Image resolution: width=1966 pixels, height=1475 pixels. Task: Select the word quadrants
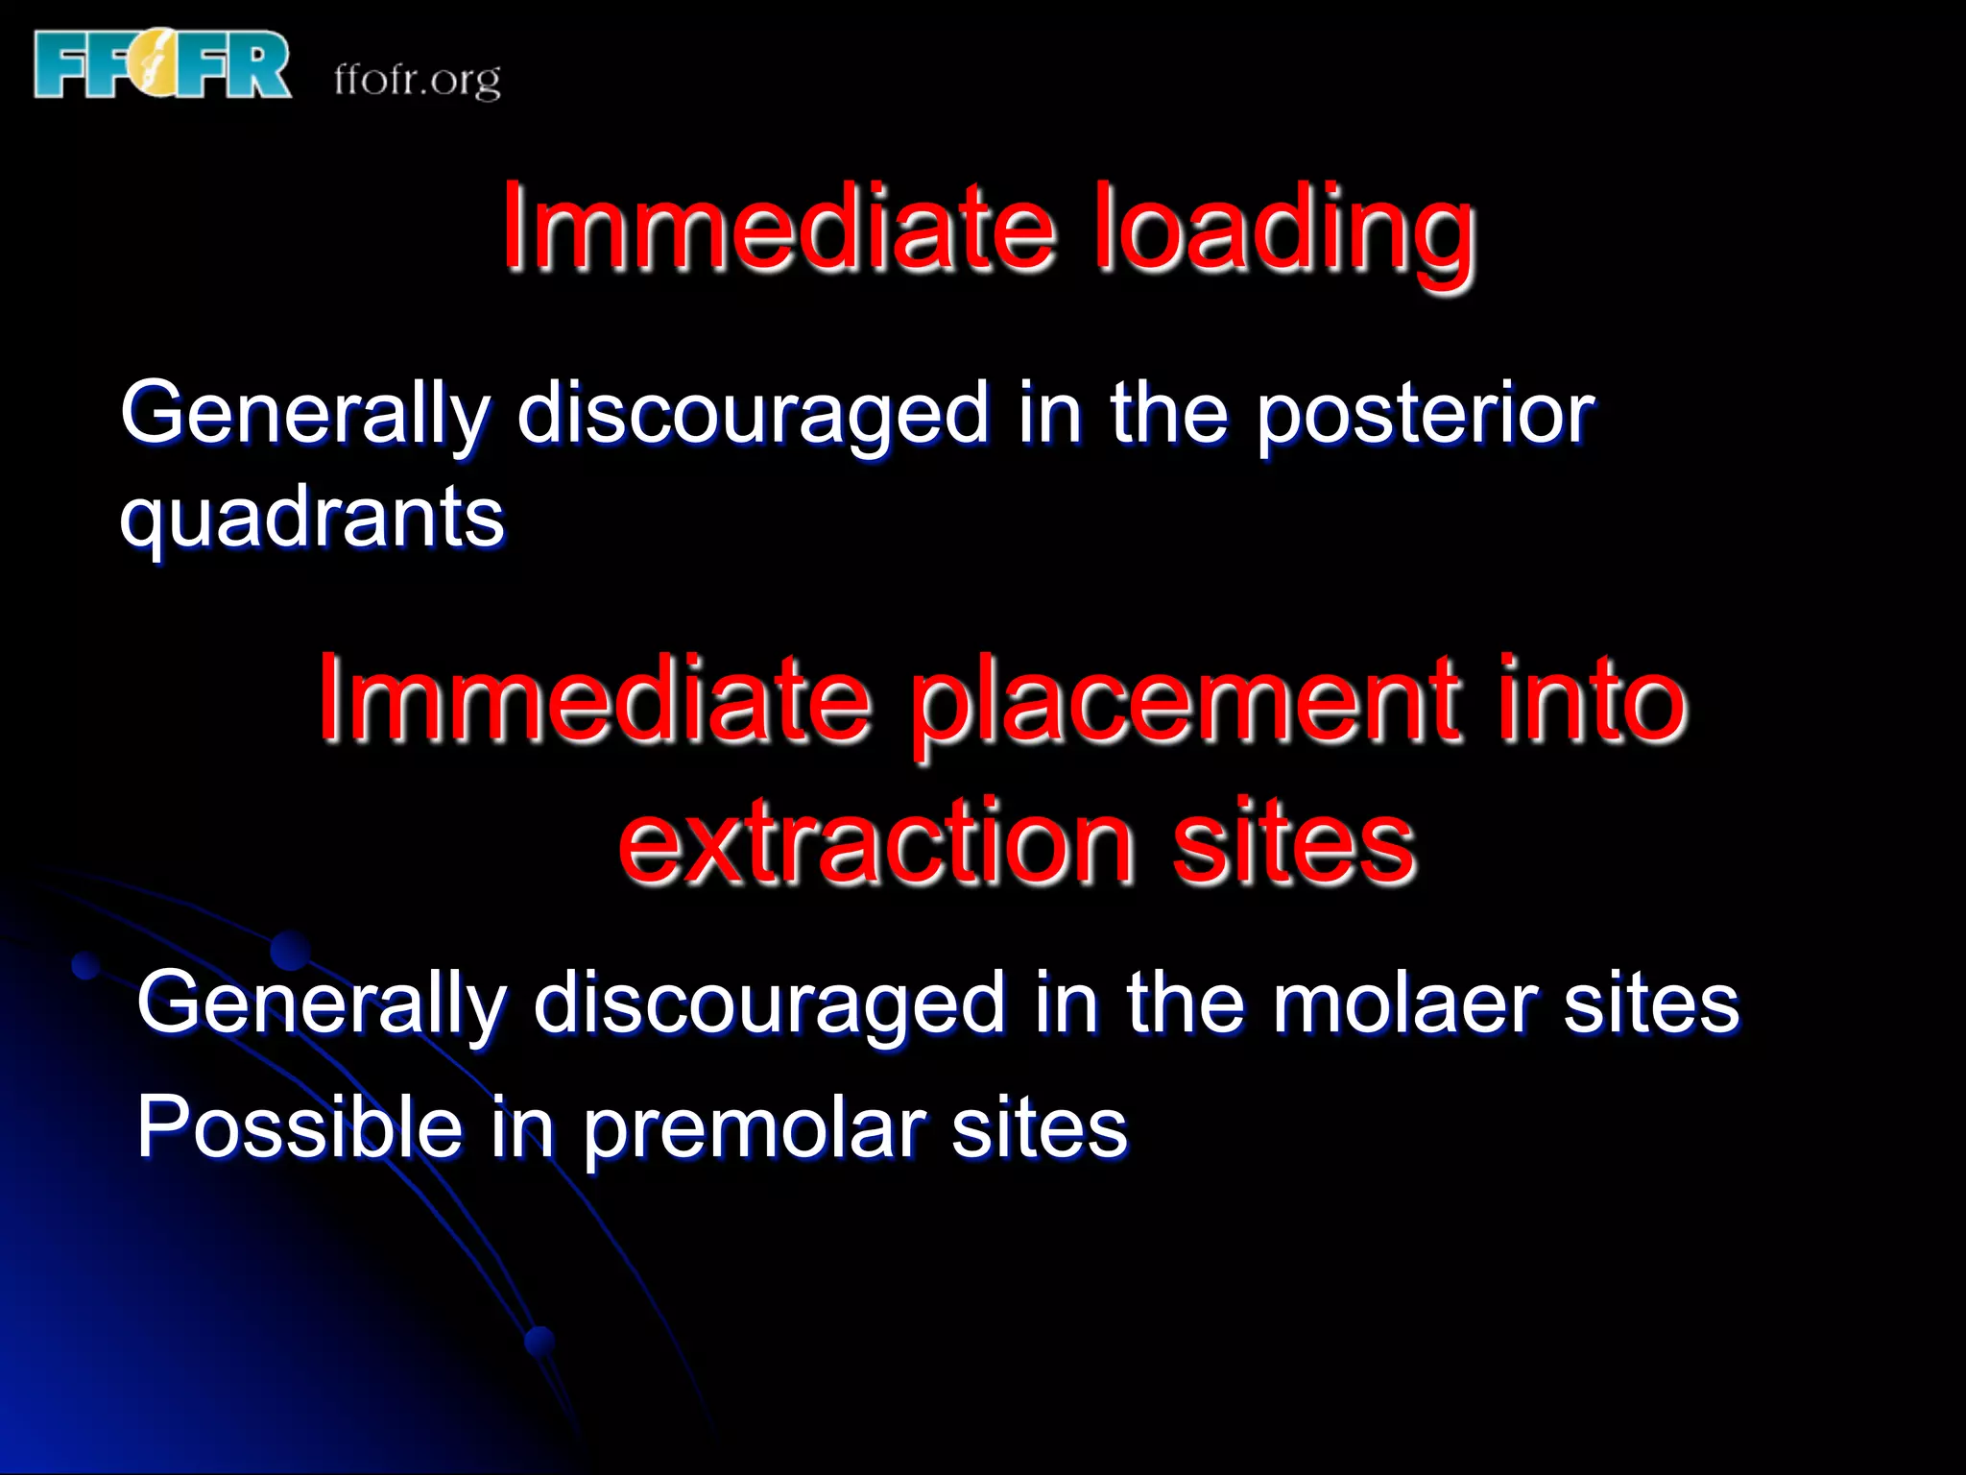coord(312,519)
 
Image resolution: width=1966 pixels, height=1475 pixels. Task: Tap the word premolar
coord(755,1128)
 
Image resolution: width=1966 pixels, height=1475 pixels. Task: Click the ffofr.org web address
coord(418,80)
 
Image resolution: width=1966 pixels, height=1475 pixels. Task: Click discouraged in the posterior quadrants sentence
coord(753,415)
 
